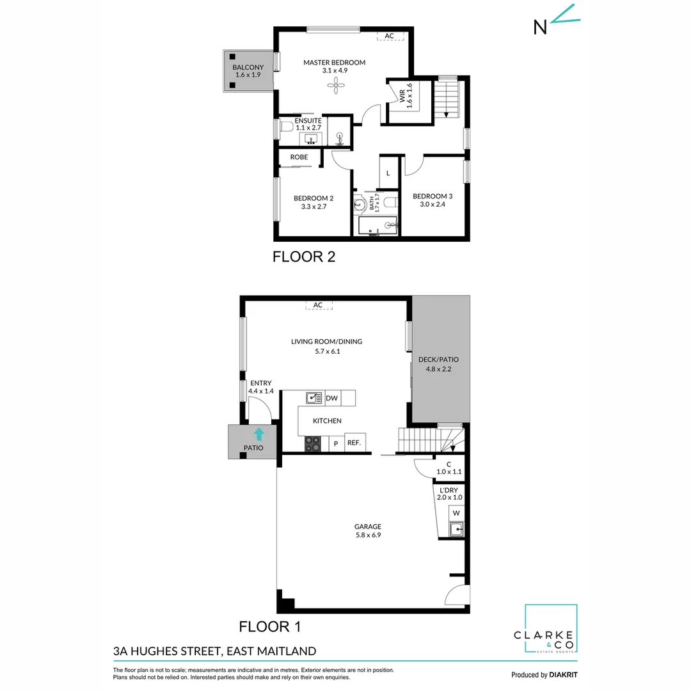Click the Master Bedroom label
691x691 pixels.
point(334,63)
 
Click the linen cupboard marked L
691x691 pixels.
point(388,173)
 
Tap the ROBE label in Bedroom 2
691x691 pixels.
point(299,157)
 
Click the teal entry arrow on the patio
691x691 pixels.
point(258,434)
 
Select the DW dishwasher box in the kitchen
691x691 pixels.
point(331,398)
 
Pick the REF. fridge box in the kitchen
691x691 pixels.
point(353,443)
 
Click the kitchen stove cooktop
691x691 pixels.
point(313,443)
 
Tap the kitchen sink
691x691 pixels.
point(314,398)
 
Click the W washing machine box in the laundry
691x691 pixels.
point(456,512)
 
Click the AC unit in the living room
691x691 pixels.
point(318,305)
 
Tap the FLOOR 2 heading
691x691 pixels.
point(304,257)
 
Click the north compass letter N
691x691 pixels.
point(541,26)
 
